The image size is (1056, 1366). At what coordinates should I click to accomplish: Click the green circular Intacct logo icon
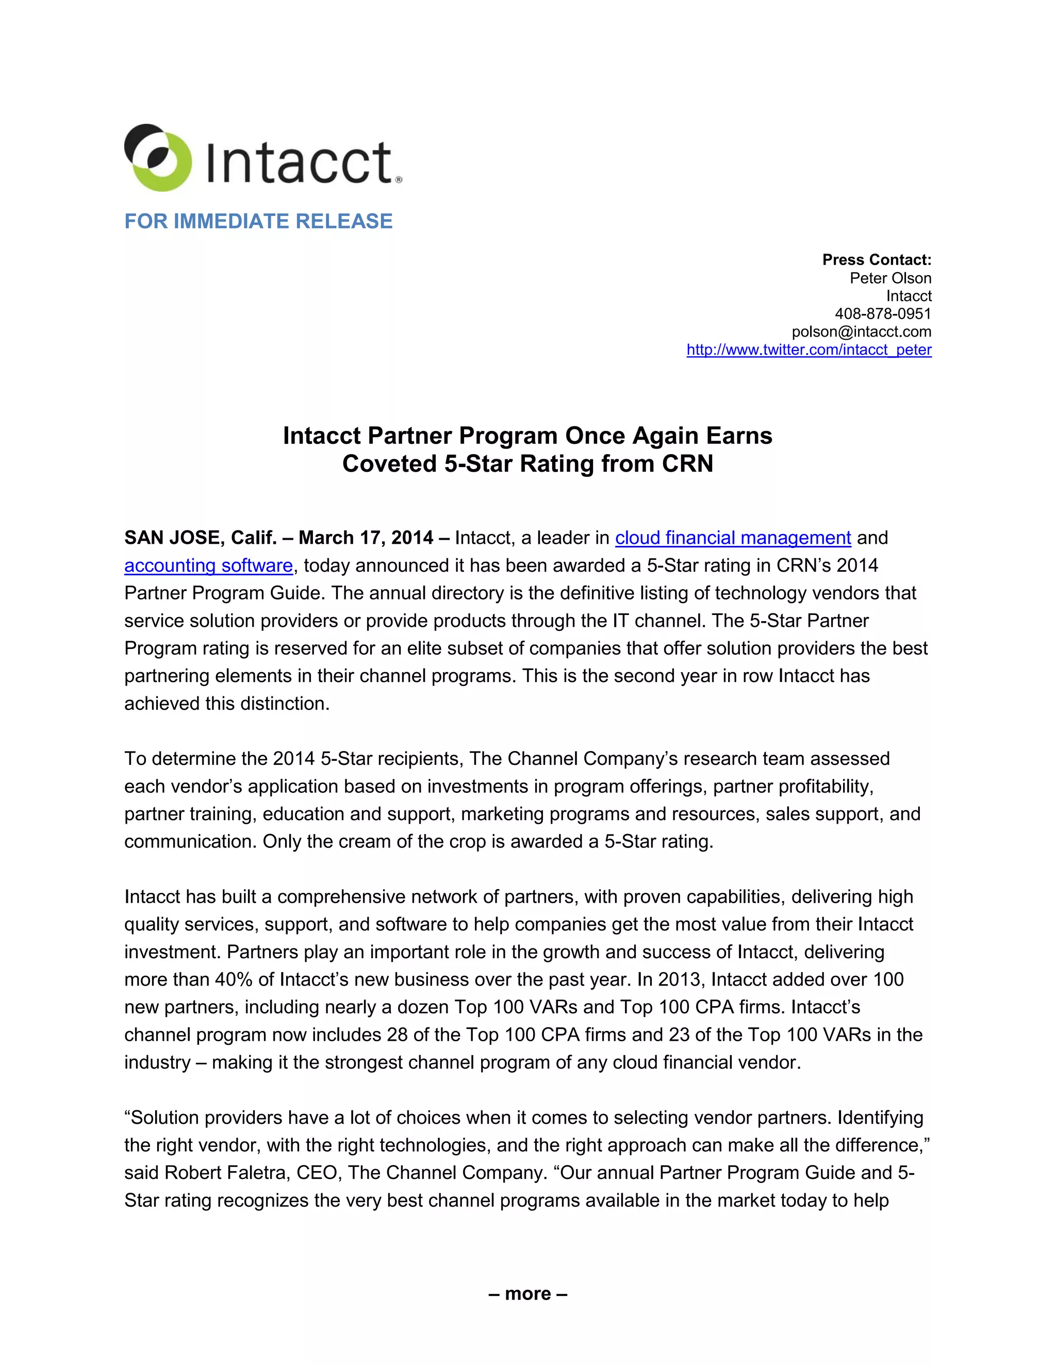(x=158, y=158)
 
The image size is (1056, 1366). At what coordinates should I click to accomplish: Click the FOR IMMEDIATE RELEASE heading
(x=258, y=222)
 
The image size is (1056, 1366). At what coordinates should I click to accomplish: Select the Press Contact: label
(x=876, y=260)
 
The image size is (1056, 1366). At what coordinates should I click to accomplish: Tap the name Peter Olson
(x=889, y=278)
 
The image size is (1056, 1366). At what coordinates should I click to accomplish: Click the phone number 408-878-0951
(x=882, y=313)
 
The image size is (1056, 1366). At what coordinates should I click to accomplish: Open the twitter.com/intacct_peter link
(x=808, y=349)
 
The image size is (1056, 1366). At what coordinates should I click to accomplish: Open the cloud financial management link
(x=733, y=538)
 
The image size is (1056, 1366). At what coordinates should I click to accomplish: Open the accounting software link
(x=208, y=565)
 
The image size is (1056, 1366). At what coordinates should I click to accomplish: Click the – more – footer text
(x=527, y=1293)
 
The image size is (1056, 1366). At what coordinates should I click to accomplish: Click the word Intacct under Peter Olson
(x=909, y=296)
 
